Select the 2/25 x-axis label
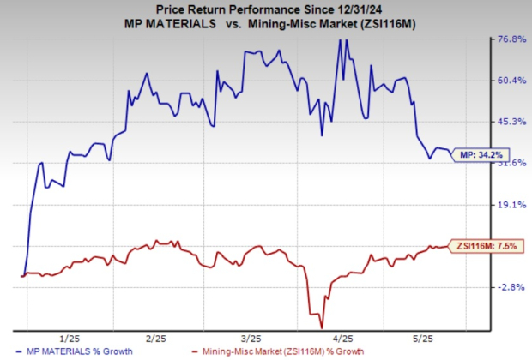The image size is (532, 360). pos(156,337)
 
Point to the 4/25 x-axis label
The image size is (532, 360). pos(345,337)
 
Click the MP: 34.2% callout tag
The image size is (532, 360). pos(483,155)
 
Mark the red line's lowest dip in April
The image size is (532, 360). pos(322,326)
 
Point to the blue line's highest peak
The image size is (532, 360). pos(339,39)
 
